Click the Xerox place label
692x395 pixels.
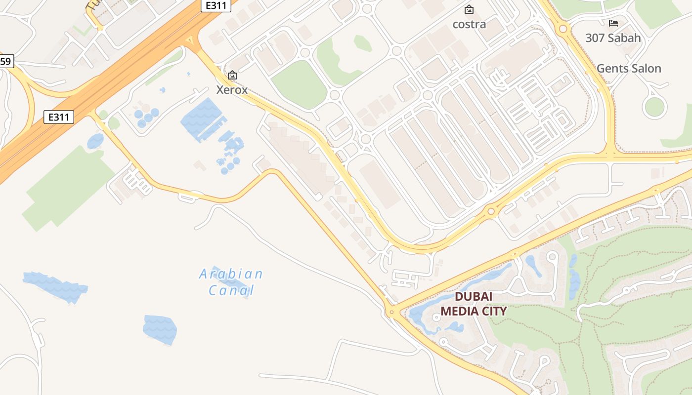point(232,90)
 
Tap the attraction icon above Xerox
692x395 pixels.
point(232,76)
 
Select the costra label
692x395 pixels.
point(469,24)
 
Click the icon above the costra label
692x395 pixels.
point(469,9)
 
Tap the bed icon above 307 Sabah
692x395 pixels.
point(613,23)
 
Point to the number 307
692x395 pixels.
point(596,38)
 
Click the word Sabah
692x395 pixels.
point(624,38)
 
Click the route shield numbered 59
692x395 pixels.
point(6,62)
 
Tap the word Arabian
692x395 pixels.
point(231,274)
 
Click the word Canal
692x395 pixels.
point(231,290)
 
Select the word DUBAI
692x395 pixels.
point(474,297)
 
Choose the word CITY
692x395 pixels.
point(495,311)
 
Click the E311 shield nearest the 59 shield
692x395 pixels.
point(59,117)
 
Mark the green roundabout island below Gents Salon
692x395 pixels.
point(654,107)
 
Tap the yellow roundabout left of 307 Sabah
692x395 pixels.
point(563,29)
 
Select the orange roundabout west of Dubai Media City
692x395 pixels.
point(391,312)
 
